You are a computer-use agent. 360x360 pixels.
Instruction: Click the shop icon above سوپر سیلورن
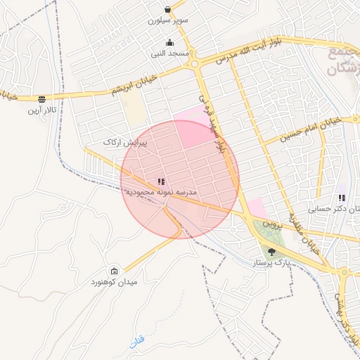(x=168, y=10)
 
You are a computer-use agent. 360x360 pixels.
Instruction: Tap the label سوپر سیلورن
(x=168, y=21)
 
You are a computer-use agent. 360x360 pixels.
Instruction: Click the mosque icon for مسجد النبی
(x=169, y=42)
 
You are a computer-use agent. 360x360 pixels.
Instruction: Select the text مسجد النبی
(x=169, y=53)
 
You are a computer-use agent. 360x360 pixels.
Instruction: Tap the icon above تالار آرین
(x=41, y=99)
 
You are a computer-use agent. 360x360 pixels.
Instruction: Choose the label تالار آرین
(x=41, y=110)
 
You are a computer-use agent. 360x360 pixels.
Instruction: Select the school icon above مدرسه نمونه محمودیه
(x=162, y=181)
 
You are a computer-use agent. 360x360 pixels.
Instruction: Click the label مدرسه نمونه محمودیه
(x=162, y=192)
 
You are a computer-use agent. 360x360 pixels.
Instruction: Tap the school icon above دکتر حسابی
(x=342, y=198)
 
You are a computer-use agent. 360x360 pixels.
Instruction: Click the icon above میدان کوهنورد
(x=115, y=271)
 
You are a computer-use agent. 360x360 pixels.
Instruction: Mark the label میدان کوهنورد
(x=115, y=282)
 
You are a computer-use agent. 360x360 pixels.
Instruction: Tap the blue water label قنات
(x=136, y=342)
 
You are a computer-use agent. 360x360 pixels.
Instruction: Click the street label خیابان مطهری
(x=303, y=229)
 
